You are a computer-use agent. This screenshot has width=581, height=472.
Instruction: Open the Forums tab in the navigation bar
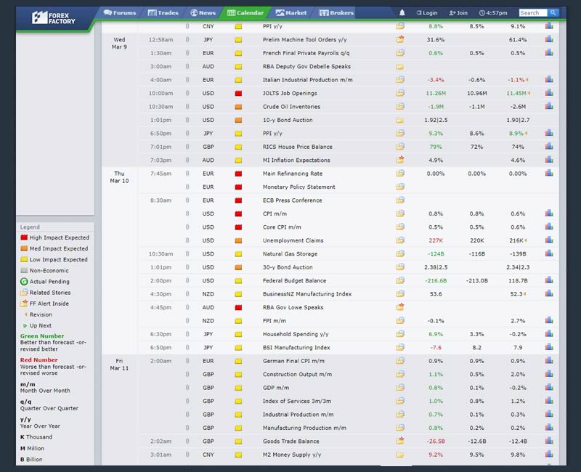click(120, 12)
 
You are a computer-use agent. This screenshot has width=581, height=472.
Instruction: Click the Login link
click(427, 13)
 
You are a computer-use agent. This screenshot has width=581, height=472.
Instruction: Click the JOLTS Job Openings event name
click(290, 94)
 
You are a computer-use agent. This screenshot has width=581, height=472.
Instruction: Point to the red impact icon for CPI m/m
click(237, 214)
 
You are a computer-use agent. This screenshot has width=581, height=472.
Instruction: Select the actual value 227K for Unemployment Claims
click(436, 240)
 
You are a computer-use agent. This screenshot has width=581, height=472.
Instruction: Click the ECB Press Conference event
click(292, 200)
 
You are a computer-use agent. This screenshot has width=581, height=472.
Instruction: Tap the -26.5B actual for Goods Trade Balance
click(436, 442)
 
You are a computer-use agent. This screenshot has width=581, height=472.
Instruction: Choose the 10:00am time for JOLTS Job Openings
click(161, 94)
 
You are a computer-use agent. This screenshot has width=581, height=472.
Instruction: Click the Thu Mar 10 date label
click(119, 178)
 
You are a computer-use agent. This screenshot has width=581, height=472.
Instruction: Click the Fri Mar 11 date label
click(119, 365)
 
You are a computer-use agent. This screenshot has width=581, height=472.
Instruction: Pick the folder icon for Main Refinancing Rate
click(400, 174)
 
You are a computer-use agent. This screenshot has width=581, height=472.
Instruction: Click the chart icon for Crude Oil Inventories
click(549, 107)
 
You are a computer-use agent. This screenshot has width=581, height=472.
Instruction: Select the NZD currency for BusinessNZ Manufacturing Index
click(208, 294)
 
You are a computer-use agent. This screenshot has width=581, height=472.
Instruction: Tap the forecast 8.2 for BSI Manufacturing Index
click(476, 348)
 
